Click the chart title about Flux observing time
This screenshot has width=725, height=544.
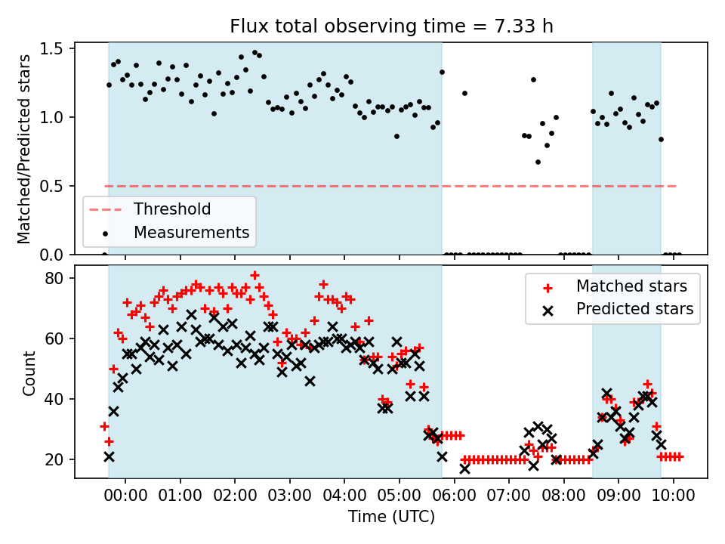(391, 26)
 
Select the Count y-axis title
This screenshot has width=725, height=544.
(29, 372)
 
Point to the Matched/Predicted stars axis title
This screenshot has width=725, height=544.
(24, 149)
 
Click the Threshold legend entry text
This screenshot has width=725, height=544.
(172, 209)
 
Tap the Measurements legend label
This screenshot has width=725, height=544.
(192, 232)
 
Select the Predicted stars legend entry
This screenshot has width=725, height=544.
(634, 308)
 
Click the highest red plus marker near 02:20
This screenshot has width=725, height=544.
(255, 276)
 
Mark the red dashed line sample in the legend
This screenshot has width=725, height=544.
(104, 209)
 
